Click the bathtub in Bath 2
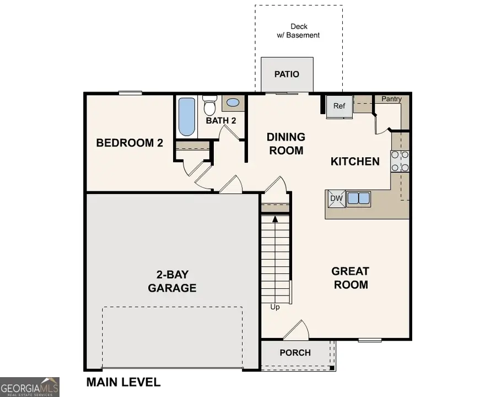click(187, 116)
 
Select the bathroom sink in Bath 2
click(233, 103)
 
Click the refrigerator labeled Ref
click(338, 106)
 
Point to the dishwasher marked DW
click(336, 198)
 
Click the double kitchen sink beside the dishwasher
click(357, 198)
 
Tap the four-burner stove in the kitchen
click(400, 161)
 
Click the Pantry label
click(391, 99)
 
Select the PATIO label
click(287, 74)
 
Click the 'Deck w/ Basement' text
click(298, 31)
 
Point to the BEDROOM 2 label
click(130, 143)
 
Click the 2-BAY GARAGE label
click(172, 281)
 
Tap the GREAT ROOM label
click(350, 278)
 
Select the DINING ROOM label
click(286, 143)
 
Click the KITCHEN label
click(355, 162)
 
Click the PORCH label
click(295, 353)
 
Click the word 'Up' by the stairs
click(274, 307)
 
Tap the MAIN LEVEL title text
click(123, 382)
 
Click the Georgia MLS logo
click(30, 387)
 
